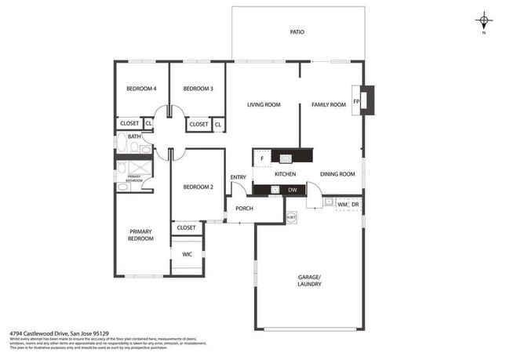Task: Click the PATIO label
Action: click(297, 32)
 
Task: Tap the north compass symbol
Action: click(484, 21)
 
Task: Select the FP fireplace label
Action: click(356, 102)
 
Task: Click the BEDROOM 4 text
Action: click(141, 89)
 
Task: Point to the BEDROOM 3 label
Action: click(198, 89)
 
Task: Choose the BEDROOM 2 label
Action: click(199, 187)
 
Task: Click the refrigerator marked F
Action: click(262, 159)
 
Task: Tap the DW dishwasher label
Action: click(292, 190)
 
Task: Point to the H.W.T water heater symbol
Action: click(291, 216)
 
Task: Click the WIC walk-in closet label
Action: click(187, 254)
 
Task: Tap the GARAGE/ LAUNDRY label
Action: click(309, 280)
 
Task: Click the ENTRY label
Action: click(238, 176)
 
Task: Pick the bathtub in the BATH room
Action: click(125, 146)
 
